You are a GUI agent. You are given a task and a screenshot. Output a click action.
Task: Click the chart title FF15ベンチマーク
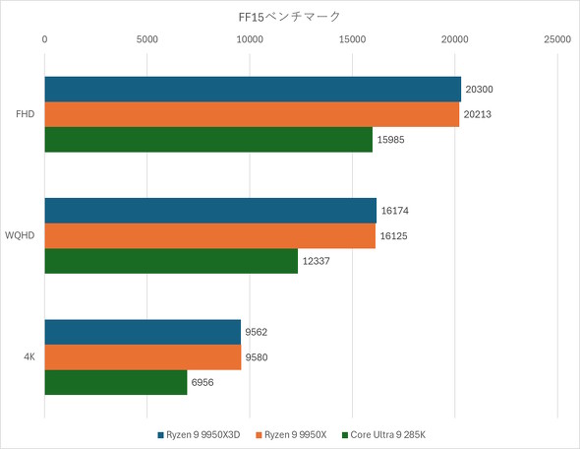point(289,16)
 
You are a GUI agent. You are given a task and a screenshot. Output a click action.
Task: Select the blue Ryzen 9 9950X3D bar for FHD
point(253,90)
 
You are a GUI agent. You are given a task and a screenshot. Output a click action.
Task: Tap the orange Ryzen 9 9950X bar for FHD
point(252,114)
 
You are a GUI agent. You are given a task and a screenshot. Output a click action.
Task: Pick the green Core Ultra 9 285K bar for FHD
point(208,139)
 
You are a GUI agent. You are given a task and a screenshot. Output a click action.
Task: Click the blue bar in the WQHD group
point(210,211)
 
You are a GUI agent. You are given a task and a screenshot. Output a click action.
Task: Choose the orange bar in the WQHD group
point(210,235)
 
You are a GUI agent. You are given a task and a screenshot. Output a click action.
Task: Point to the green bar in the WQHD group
point(171,261)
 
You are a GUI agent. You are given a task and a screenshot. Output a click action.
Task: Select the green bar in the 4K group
point(116,382)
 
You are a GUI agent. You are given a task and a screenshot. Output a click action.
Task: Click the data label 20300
point(479,90)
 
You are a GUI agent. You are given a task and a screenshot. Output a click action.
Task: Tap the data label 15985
point(390,140)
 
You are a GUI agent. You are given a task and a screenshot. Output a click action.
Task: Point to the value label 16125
point(393,236)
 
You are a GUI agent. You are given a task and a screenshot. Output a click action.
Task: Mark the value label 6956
point(203,382)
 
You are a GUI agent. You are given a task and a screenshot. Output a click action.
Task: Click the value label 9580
point(257,357)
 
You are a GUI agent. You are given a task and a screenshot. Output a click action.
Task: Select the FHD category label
point(26,114)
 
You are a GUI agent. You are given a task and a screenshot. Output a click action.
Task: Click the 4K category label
point(29,357)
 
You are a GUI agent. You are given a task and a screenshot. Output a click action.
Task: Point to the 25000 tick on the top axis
point(556,39)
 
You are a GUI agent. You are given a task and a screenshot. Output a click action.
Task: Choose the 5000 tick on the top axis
point(146,39)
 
